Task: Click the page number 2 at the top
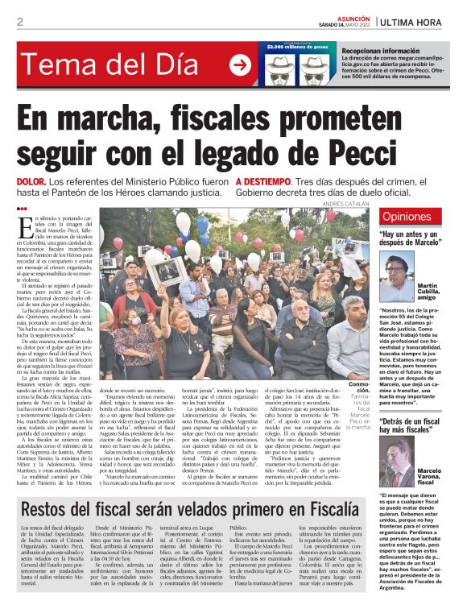20,22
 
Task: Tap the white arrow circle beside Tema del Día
239,65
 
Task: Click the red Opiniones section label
407,217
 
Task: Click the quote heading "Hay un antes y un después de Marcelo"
411,240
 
